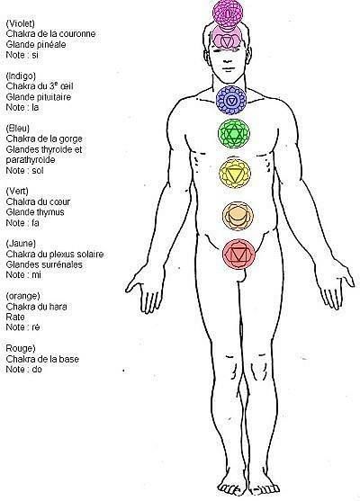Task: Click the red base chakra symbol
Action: pyautogui.click(x=238, y=254)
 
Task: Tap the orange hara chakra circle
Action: pyautogui.click(x=238, y=216)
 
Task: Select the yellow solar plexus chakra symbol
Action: pyautogui.click(x=235, y=173)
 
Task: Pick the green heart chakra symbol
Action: pyautogui.click(x=234, y=133)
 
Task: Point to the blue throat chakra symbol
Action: pyautogui.click(x=231, y=100)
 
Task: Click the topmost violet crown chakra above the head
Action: pyautogui.click(x=228, y=13)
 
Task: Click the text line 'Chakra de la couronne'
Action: pyautogui.click(x=50, y=33)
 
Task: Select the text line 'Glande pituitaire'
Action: pyautogui.click(x=39, y=96)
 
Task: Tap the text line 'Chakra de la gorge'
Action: pyautogui.click(x=44, y=139)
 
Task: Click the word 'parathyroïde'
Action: pyautogui.click(x=31, y=160)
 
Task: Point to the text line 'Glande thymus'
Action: pyautogui.click(x=35, y=212)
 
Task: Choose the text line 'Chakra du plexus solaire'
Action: pyautogui.click(x=55, y=254)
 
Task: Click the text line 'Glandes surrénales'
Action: pyautogui.click(x=44, y=264)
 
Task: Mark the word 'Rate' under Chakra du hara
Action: pyautogui.click(x=15, y=317)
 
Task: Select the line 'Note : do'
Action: pyautogui.click(x=23, y=369)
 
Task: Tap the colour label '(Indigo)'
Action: pyautogui.click(x=21, y=76)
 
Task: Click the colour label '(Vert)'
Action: pyautogui.click(x=17, y=191)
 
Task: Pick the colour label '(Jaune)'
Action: pyautogui.click(x=21, y=244)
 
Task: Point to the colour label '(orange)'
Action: pyautogui.click(x=22, y=296)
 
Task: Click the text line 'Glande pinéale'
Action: pyautogui.click(x=36, y=44)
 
